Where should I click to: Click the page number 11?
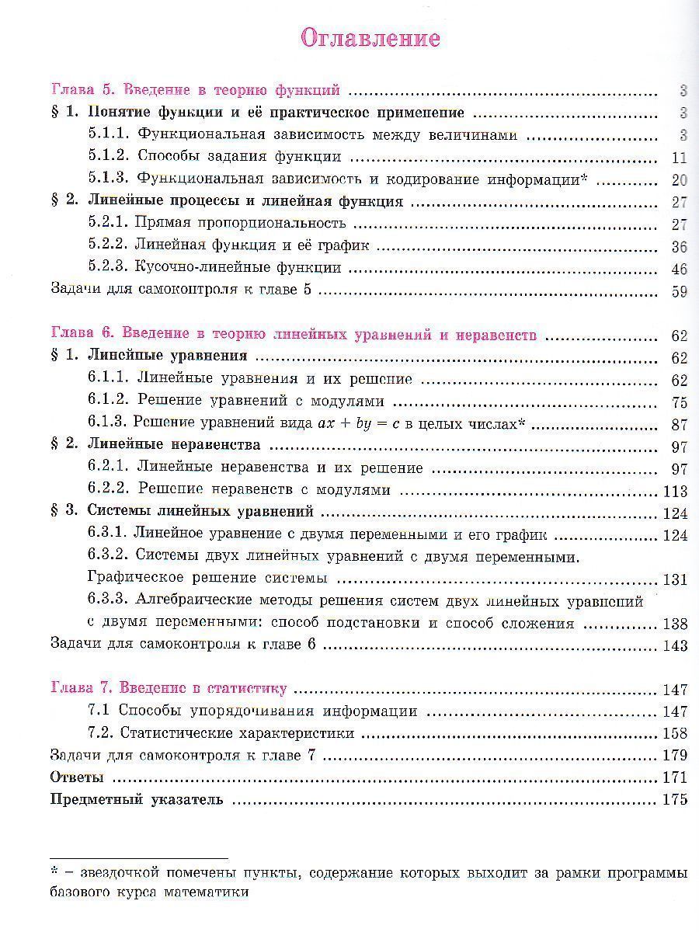click(680, 158)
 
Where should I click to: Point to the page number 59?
click(679, 292)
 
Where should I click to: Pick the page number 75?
click(679, 402)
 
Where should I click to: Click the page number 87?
click(679, 425)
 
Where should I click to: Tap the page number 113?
click(676, 491)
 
